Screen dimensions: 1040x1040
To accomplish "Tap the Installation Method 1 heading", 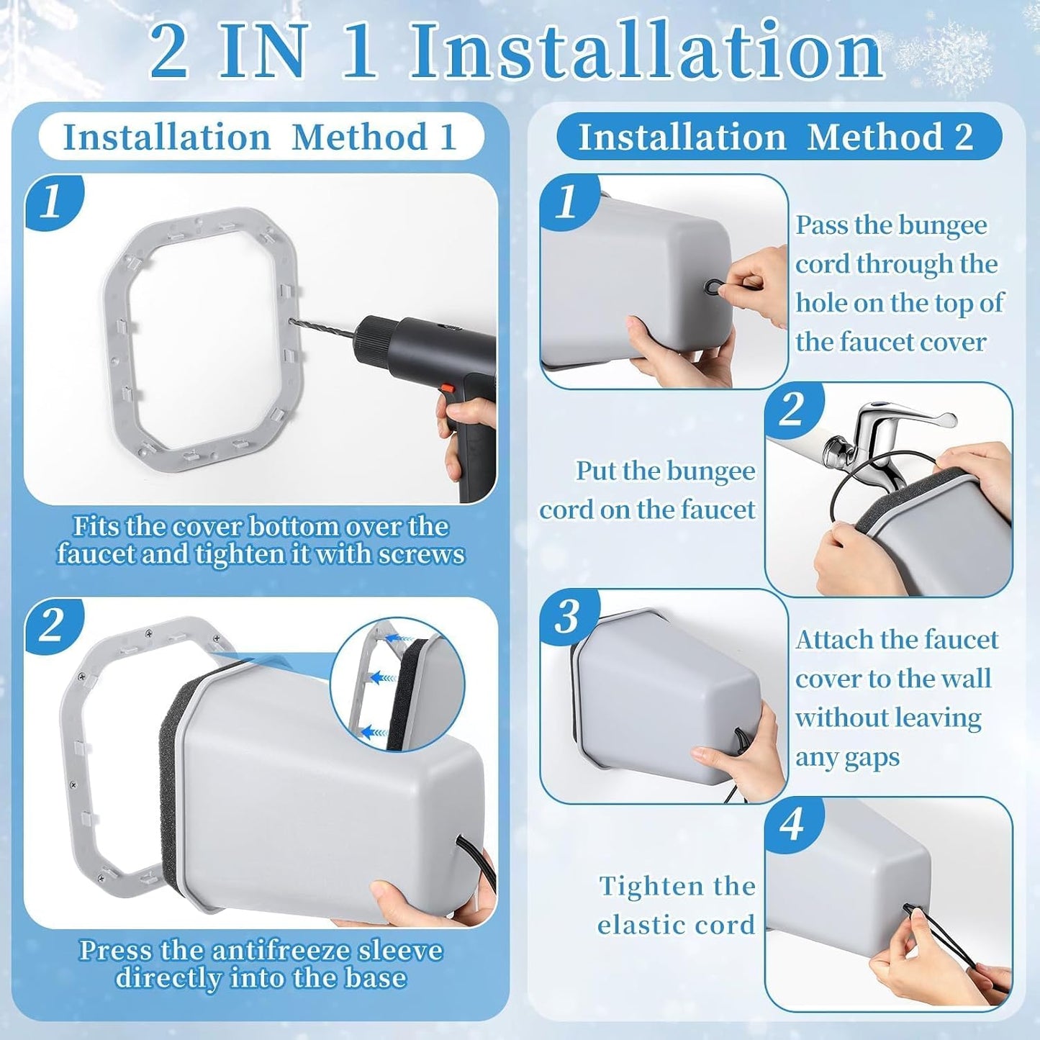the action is coord(260,137).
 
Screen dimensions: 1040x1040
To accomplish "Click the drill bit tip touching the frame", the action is coord(292,322).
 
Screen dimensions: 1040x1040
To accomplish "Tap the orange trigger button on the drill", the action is coord(446,389).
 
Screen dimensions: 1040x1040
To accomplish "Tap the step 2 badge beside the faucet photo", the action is coord(792,410).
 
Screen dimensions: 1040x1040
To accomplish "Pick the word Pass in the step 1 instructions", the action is coord(821,225).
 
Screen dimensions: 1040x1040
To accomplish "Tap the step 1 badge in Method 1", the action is coord(52,204).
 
